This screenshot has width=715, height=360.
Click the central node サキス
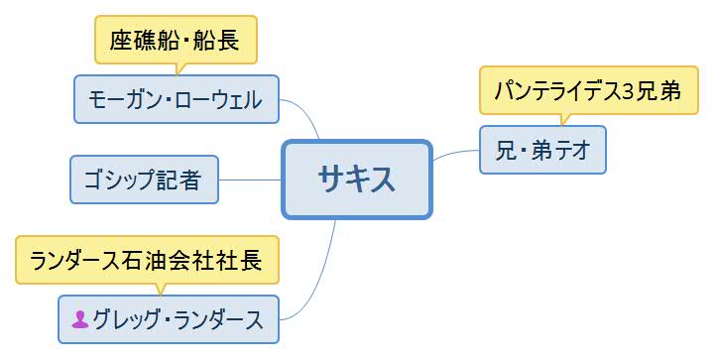(x=357, y=179)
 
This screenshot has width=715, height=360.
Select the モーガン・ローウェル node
(x=176, y=99)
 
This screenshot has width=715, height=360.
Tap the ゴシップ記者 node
(x=144, y=180)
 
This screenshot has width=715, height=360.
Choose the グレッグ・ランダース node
(x=168, y=319)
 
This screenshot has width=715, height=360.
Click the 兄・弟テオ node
(x=541, y=150)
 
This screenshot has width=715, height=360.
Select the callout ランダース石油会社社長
(x=146, y=261)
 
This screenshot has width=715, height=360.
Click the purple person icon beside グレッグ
(x=80, y=319)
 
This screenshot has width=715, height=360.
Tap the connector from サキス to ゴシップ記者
(x=250, y=180)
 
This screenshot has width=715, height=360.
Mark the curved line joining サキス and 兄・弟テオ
(x=456, y=154)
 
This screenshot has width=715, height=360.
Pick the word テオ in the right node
(x=571, y=150)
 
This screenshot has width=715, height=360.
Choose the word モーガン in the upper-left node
(x=119, y=99)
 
